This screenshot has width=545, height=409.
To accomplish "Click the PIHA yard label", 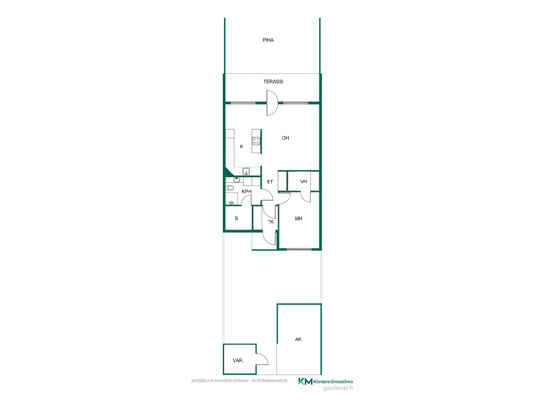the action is [x=268, y=40].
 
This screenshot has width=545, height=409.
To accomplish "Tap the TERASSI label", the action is [x=273, y=82].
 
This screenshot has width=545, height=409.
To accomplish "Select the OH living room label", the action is [x=286, y=138].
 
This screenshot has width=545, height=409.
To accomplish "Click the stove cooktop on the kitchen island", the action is [x=256, y=141].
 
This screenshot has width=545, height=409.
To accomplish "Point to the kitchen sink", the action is [x=246, y=171].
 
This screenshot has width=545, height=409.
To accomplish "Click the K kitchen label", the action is [x=242, y=147].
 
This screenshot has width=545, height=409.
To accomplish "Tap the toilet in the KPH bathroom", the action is [x=229, y=188].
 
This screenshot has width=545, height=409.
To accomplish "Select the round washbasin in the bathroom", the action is [x=237, y=180].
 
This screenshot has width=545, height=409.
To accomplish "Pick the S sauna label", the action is [x=236, y=218].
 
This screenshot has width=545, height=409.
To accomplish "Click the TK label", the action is [x=271, y=222].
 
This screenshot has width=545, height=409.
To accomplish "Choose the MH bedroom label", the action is [x=299, y=219].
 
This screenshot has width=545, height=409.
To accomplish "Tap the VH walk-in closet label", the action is [x=303, y=181].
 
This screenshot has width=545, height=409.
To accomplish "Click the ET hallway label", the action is [x=270, y=182].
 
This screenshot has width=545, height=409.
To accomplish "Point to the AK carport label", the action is [x=298, y=339].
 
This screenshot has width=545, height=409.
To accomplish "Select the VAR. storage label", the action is [x=238, y=361].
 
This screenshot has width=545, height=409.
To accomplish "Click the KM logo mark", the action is [x=305, y=381].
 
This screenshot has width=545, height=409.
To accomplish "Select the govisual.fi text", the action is [x=338, y=388].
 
